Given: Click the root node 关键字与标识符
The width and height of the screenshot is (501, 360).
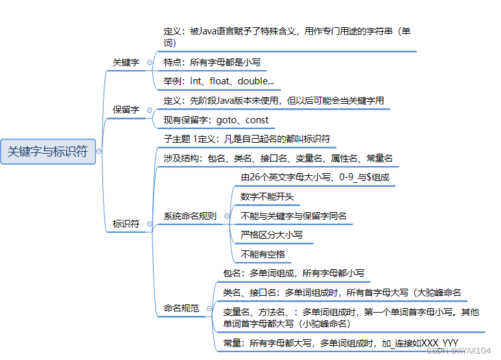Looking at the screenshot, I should (47, 152).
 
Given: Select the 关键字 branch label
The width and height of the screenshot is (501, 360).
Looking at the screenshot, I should (126, 62).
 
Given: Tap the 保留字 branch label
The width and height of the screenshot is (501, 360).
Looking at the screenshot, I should (126, 110).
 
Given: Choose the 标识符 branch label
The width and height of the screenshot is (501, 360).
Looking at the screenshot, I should (126, 224).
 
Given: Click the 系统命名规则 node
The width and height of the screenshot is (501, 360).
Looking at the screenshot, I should (190, 216).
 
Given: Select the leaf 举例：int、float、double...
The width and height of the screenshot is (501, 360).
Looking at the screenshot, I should (218, 82).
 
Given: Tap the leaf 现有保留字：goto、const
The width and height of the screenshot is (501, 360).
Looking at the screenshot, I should (216, 120).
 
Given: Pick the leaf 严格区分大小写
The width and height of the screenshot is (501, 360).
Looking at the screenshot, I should (272, 234).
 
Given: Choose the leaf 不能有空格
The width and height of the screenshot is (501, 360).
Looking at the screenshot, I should (262, 254).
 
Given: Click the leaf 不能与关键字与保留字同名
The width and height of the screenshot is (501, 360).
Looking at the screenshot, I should (294, 215).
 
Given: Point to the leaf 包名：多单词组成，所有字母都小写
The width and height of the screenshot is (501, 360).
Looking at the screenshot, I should (294, 273).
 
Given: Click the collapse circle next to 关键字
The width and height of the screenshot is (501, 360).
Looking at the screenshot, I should (150, 62).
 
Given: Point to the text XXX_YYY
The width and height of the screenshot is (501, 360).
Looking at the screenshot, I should (440, 342).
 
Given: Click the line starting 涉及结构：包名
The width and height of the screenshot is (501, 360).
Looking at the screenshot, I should (278, 158).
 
